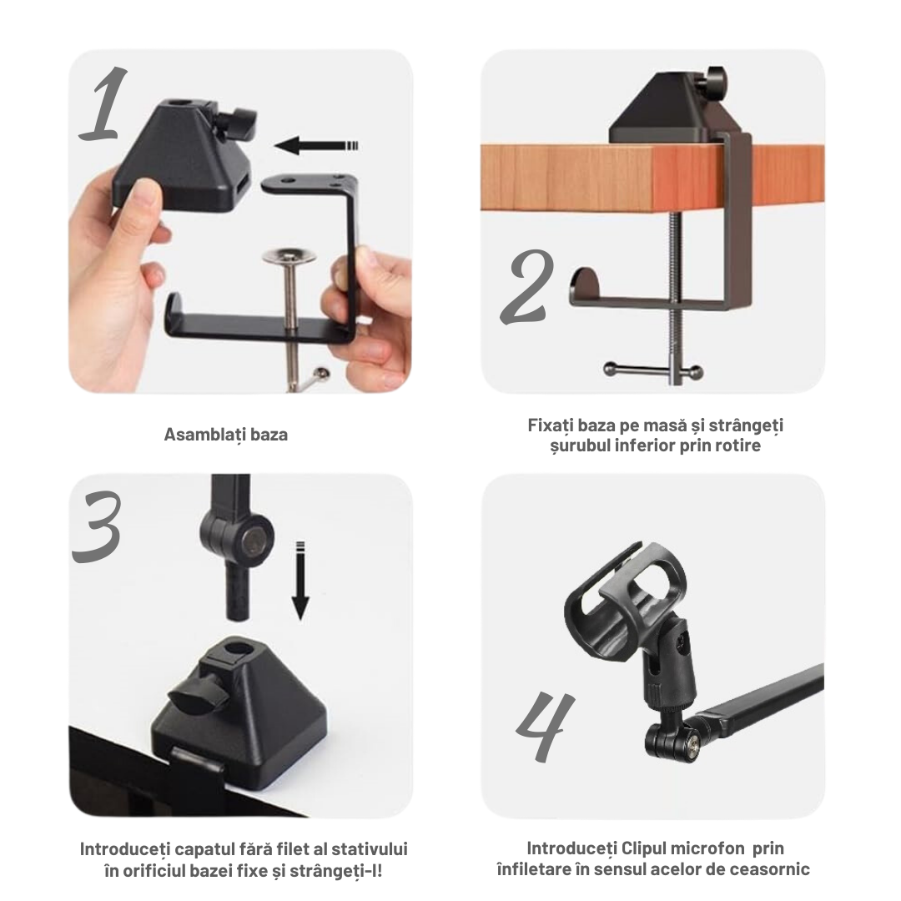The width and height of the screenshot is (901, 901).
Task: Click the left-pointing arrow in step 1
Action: [317, 145]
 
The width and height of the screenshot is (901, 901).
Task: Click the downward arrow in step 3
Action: [300, 581]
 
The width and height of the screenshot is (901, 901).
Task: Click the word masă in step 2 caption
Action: [665, 425]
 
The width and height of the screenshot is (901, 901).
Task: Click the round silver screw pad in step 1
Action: [289, 256]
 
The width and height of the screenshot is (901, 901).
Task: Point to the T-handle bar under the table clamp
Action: [653, 370]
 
